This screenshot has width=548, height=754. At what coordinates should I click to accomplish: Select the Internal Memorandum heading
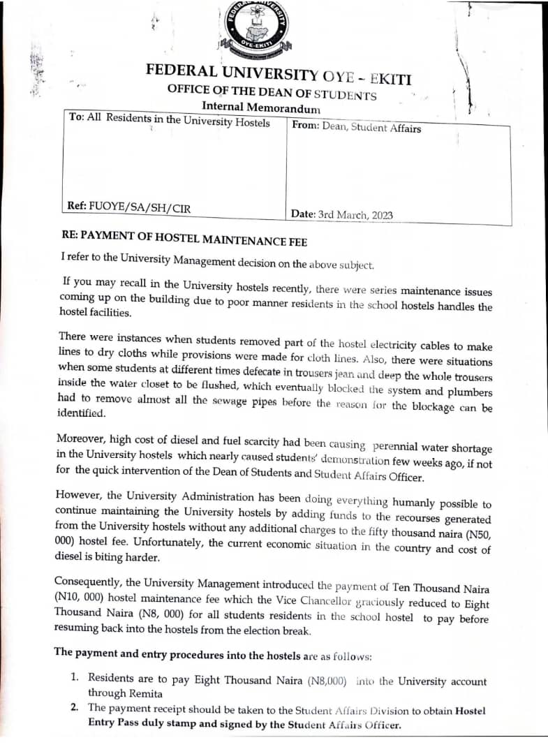260,108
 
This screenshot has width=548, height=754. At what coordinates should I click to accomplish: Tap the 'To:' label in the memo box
76,119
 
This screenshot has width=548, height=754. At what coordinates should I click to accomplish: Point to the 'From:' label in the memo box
305,126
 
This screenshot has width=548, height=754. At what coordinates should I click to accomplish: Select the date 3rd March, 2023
355,214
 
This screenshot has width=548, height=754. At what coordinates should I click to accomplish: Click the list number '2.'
74,708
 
